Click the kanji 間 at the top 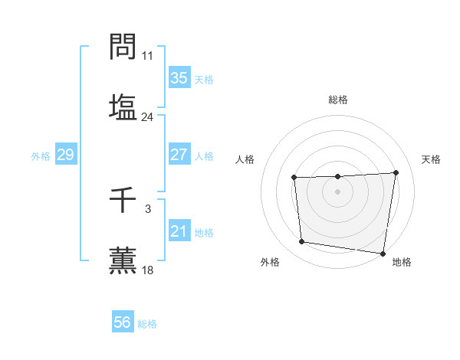point(123,47)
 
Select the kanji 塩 point(123,107)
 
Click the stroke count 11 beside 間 point(147,56)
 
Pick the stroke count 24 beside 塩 point(147,117)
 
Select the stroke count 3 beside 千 point(147,208)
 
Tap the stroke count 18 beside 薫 point(147,270)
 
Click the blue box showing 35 point(179,78)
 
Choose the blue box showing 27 point(179,155)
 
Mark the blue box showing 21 point(179,231)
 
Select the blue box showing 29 point(65,155)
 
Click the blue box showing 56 point(123,322)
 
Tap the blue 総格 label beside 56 point(147,324)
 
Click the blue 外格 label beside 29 point(41,156)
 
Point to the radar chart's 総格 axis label point(337,100)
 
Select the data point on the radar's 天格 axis point(396,172)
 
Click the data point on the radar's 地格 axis point(383,254)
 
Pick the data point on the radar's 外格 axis point(302,242)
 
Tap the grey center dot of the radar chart point(337,191)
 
